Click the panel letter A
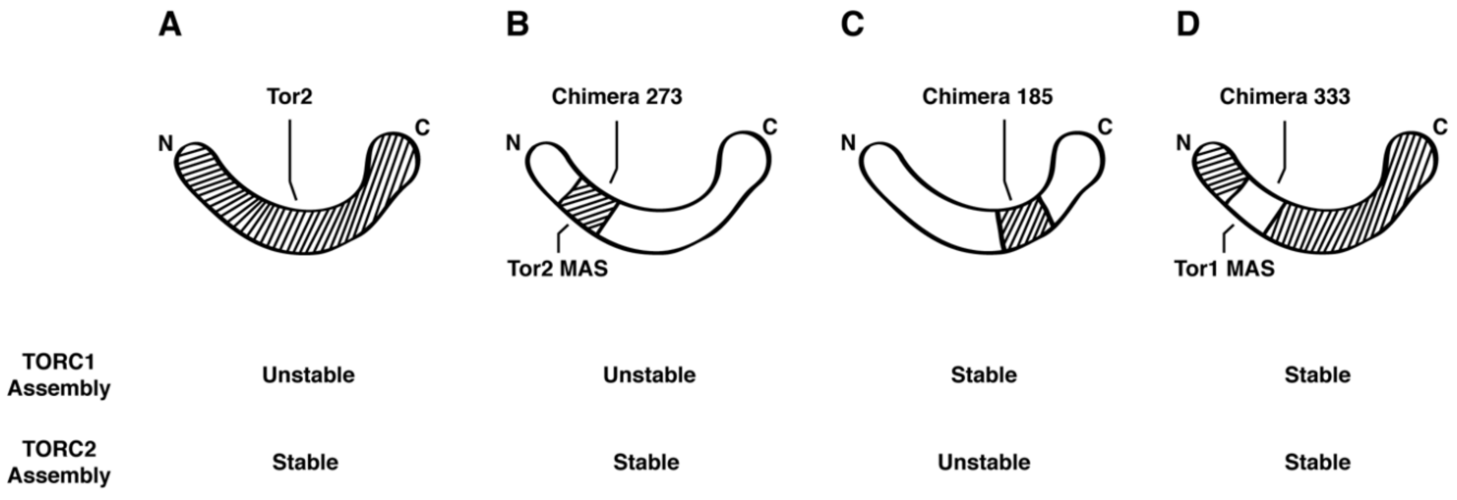tap(170, 26)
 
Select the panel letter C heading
tap(852, 26)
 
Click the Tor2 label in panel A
tap(290, 97)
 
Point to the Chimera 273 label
tap(617, 97)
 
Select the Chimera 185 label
tap(988, 97)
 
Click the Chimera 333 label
tap(1285, 97)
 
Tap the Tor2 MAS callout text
tap(557, 269)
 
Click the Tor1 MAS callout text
tap(1224, 269)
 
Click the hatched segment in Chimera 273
tap(588, 206)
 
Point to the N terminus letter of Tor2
tap(165, 144)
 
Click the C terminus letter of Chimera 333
tap(1440, 127)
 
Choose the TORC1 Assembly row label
tap(59, 375)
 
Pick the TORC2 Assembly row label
tap(59, 462)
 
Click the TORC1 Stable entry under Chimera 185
tap(984, 375)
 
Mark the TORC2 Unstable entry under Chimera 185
tap(984, 462)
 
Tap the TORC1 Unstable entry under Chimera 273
tap(649, 375)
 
